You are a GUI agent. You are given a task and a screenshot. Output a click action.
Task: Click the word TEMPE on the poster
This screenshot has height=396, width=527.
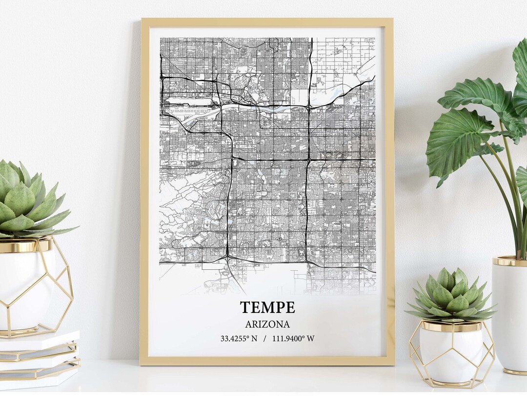267,308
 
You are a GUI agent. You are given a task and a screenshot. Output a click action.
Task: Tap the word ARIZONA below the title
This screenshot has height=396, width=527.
267,324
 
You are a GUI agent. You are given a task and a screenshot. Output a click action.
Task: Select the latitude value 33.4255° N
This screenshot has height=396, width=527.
239,338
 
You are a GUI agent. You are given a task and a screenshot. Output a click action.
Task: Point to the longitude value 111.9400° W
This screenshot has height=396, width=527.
294,338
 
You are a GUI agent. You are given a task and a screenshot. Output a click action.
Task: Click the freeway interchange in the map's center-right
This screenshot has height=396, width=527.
308,159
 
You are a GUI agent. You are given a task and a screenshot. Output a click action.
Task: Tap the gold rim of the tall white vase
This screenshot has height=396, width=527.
509,261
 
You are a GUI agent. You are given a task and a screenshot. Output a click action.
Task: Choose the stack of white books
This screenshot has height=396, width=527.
39,357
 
